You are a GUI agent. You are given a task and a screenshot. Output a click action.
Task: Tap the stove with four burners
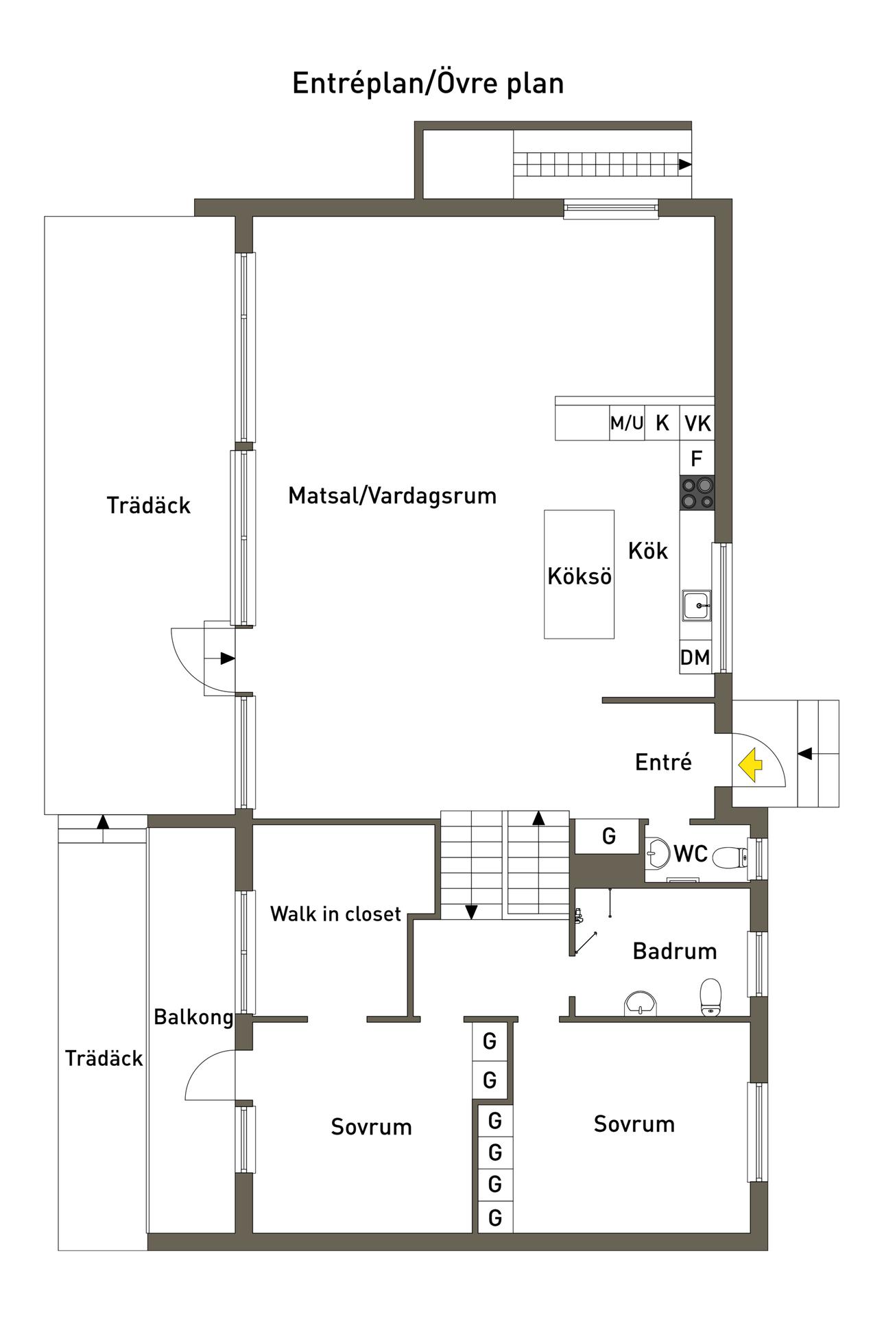[x=697, y=493]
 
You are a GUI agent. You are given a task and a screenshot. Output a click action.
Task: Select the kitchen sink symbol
[x=696, y=606]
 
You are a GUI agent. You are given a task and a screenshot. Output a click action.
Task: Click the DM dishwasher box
[x=695, y=657]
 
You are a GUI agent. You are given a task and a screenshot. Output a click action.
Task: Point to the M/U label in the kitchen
[x=627, y=423]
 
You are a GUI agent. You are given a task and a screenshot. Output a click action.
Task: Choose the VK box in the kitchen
[x=697, y=423]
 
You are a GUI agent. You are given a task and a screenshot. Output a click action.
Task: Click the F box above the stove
[x=697, y=458]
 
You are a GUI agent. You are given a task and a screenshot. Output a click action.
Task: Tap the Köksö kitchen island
[x=579, y=574]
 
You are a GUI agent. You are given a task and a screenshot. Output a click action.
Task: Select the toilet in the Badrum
[x=710, y=997]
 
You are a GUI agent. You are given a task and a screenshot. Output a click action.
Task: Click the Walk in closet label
[x=335, y=914]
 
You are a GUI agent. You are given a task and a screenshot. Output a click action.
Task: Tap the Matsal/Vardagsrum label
[x=392, y=495]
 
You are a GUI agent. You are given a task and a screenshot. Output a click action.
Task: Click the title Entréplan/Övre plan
[x=428, y=83]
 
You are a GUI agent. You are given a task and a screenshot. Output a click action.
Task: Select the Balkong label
[x=193, y=1017]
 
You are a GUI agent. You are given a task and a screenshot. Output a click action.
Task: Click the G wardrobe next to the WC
[x=608, y=836]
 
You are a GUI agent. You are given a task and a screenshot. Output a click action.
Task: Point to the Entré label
[x=663, y=762]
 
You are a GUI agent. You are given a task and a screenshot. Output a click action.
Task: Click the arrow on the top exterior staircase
[x=685, y=165]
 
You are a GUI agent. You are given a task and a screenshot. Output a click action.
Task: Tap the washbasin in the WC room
[x=658, y=853]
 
